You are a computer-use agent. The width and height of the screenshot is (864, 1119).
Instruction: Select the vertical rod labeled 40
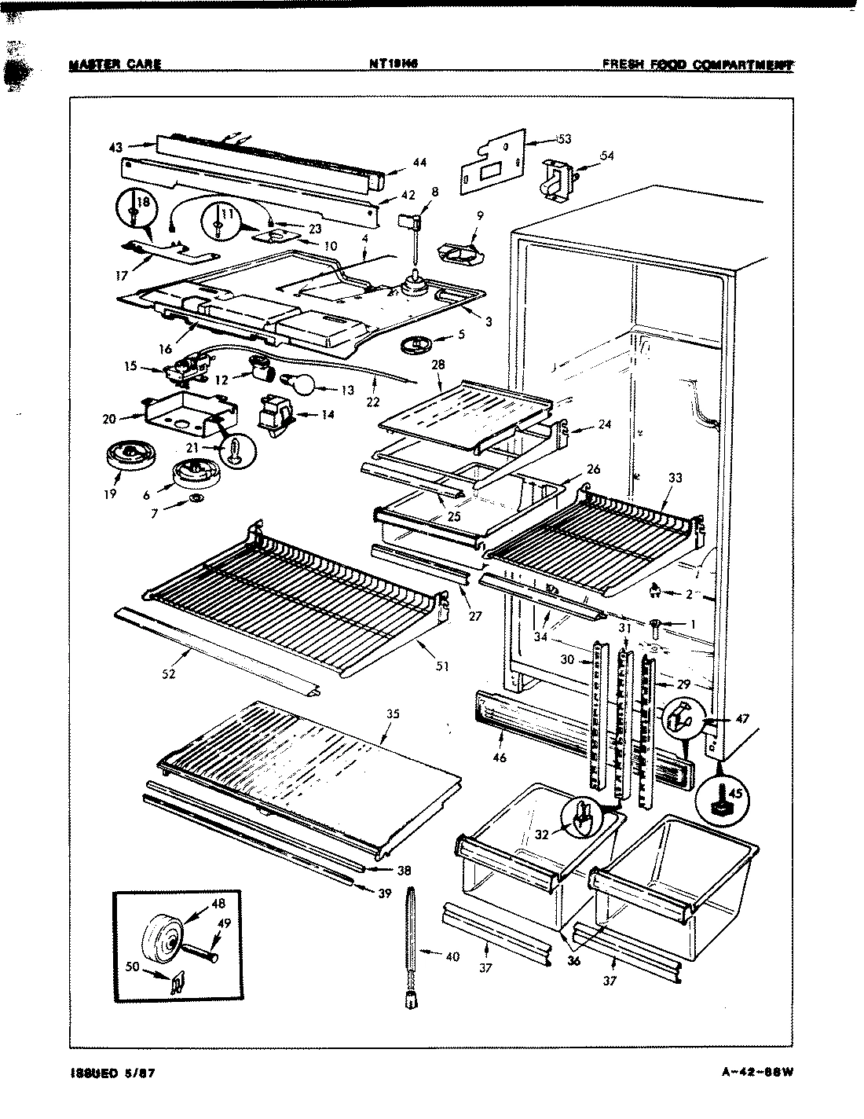pyautogui.click(x=411, y=944)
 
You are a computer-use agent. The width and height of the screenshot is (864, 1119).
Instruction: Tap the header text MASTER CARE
pyautogui.click(x=115, y=64)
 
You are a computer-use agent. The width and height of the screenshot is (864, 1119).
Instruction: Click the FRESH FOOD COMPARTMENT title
pyautogui.click(x=697, y=64)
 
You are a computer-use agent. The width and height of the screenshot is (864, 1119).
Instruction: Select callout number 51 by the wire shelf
pyautogui.click(x=442, y=666)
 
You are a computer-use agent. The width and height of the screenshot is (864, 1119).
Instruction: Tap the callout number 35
pyautogui.click(x=393, y=714)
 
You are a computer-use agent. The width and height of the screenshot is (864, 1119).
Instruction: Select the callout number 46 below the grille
pyautogui.click(x=500, y=758)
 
